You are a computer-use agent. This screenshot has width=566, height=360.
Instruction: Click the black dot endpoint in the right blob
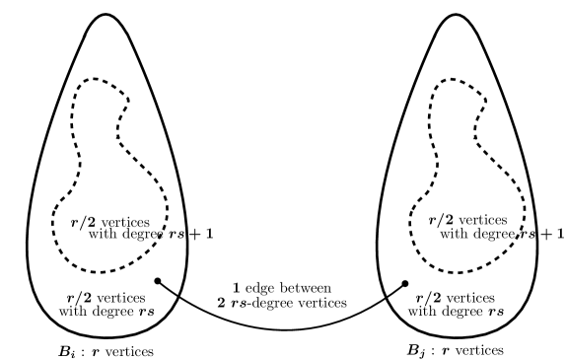click(x=405, y=284)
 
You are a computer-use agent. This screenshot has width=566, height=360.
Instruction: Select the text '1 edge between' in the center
click(x=282, y=285)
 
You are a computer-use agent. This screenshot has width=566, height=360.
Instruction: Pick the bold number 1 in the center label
click(x=240, y=285)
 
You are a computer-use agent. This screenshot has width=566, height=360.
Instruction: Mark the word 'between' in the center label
click(x=302, y=285)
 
